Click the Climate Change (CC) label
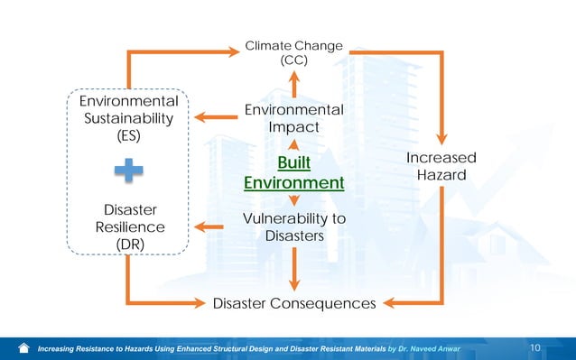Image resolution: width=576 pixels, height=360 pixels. click(293, 52)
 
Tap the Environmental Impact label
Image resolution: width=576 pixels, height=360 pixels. click(293, 119)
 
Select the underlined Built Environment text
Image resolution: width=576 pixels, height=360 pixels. click(293, 172)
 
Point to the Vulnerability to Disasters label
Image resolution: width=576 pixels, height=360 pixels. click(294, 227)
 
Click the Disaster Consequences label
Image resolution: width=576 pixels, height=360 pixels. click(293, 303)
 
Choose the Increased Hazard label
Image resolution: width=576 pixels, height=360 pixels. click(441, 167)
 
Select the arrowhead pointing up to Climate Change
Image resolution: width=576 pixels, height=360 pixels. click(293, 75)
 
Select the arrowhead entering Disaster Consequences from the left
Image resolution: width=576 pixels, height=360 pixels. click(200, 303)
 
